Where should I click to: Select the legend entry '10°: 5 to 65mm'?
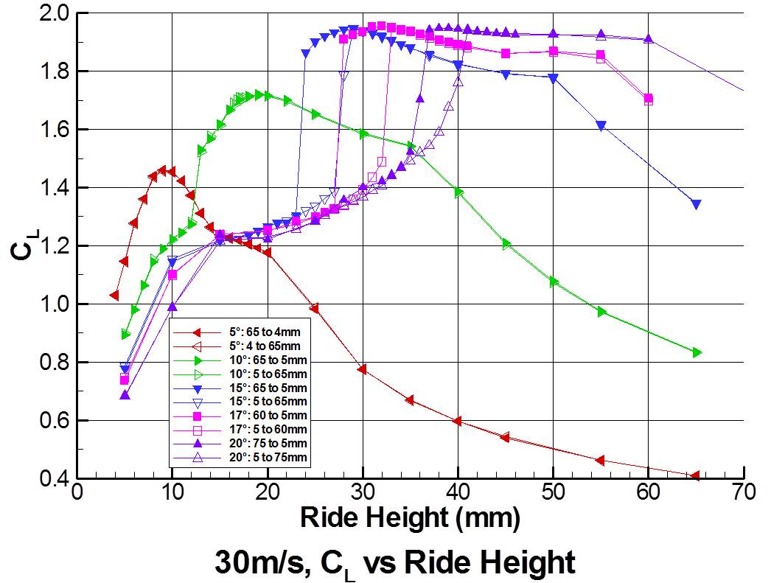pos(262,374)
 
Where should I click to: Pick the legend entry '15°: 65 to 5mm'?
pos(262,388)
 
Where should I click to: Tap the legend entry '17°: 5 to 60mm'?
pos(262,429)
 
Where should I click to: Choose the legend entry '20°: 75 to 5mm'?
pos(262,443)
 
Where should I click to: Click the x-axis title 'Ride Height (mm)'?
pos(410,518)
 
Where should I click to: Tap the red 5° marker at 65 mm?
pos(696,476)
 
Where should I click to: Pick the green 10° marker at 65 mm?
pos(697,352)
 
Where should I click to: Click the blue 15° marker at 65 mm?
pos(696,204)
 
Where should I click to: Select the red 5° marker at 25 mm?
pos(315,308)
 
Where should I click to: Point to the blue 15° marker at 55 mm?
pos(601,125)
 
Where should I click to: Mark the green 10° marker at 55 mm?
pos(601,312)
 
